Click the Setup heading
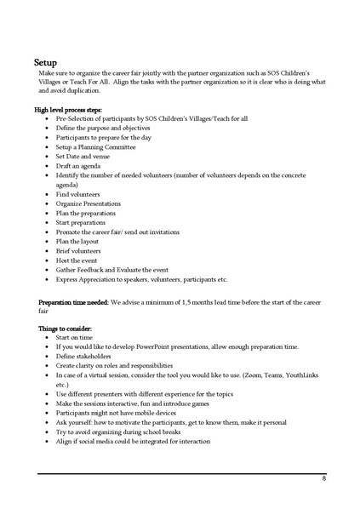point(46,62)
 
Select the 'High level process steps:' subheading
point(75,109)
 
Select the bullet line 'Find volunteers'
point(77,194)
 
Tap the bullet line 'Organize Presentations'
point(89,203)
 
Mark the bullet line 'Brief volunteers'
point(78,251)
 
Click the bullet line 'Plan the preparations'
point(87,213)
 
